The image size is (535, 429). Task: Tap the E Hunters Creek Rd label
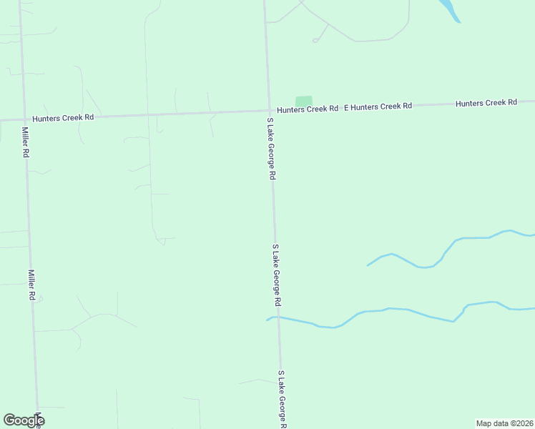[x=378, y=106]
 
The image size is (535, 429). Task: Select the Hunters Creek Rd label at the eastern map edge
[x=486, y=103]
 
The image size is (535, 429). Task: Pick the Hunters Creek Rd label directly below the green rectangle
[x=308, y=109]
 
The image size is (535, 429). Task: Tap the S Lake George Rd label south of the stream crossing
[x=283, y=399]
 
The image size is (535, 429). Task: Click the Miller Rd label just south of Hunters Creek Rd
[x=26, y=142]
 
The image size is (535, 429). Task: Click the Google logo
[x=24, y=420]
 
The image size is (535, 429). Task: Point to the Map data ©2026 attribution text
[x=504, y=423]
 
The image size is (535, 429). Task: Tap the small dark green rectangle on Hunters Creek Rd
[x=304, y=102]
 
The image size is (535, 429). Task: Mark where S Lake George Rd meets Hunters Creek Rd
[x=270, y=111]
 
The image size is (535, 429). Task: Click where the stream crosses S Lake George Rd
[x=278, y=316]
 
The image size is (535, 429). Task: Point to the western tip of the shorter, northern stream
[x=368, y=265]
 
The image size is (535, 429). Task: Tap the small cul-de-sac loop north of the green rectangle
[x=315, y=40]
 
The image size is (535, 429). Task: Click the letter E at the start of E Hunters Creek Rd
[x=346, y=107]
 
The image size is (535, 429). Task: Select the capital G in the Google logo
[x=9, y=420]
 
